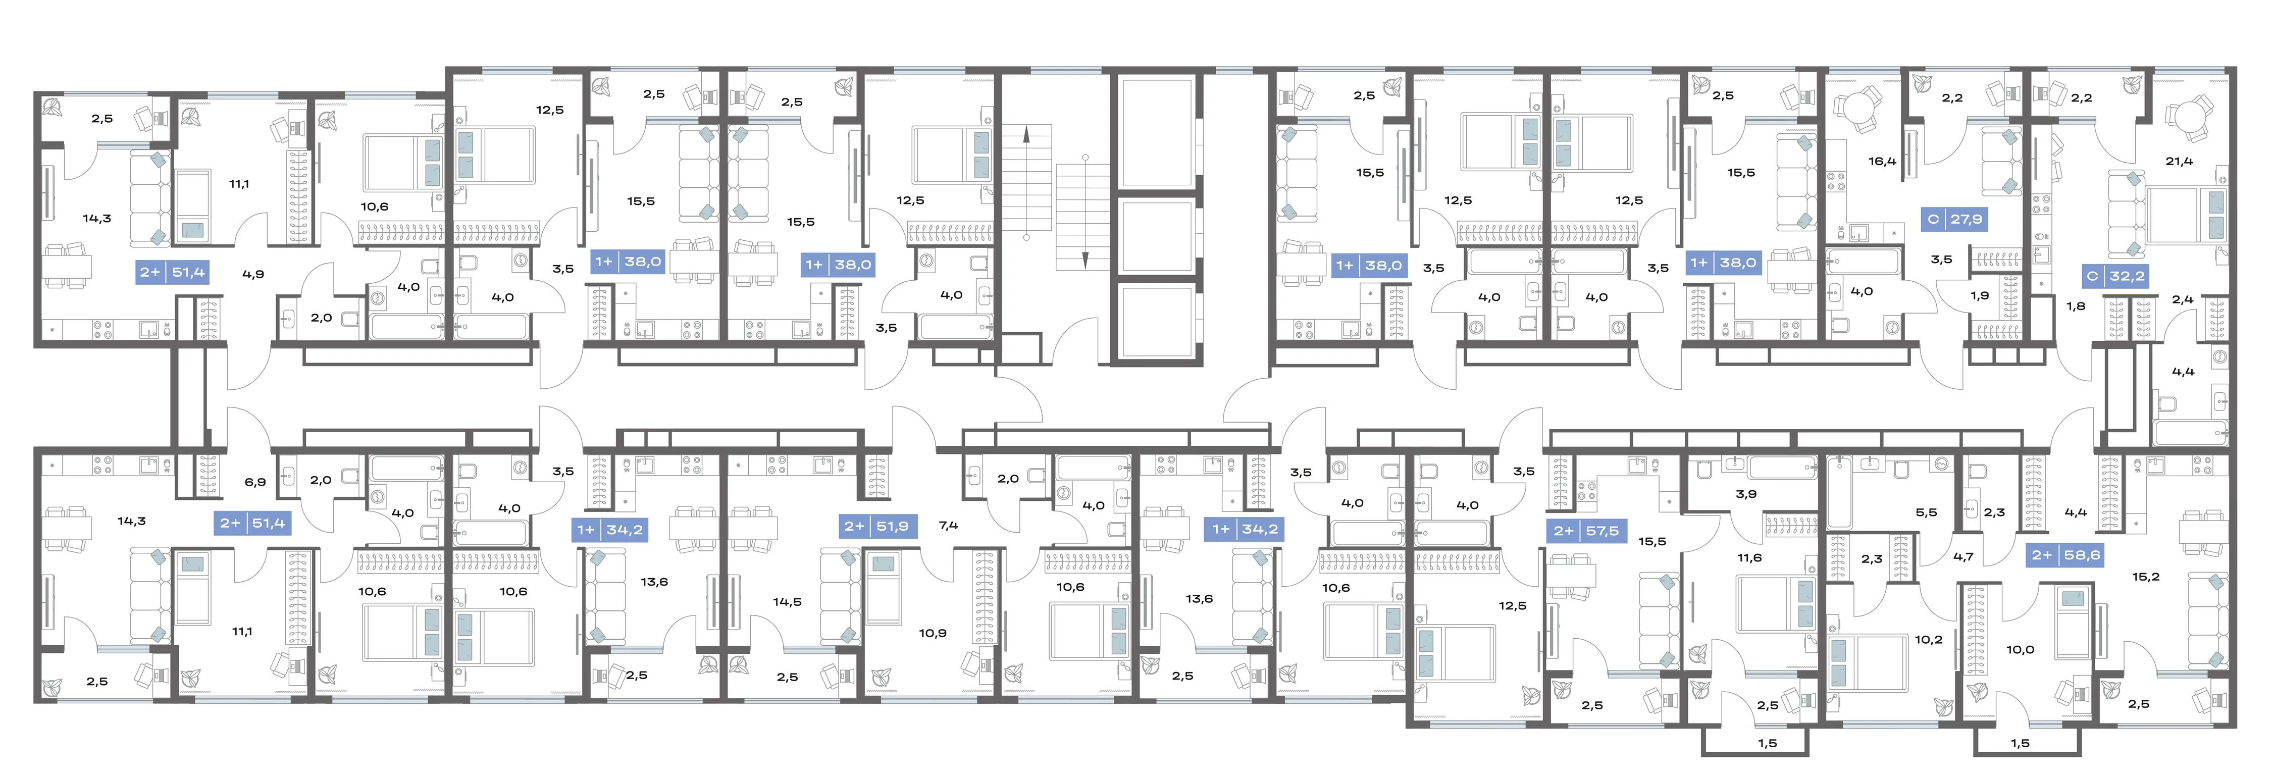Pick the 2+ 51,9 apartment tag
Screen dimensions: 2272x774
876,526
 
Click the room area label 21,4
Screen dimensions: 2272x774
2179,162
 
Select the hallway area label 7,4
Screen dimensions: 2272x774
948,526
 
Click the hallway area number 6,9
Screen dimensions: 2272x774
255,482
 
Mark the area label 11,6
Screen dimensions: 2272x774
1749,558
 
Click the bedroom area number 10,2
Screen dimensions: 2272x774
1928,640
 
